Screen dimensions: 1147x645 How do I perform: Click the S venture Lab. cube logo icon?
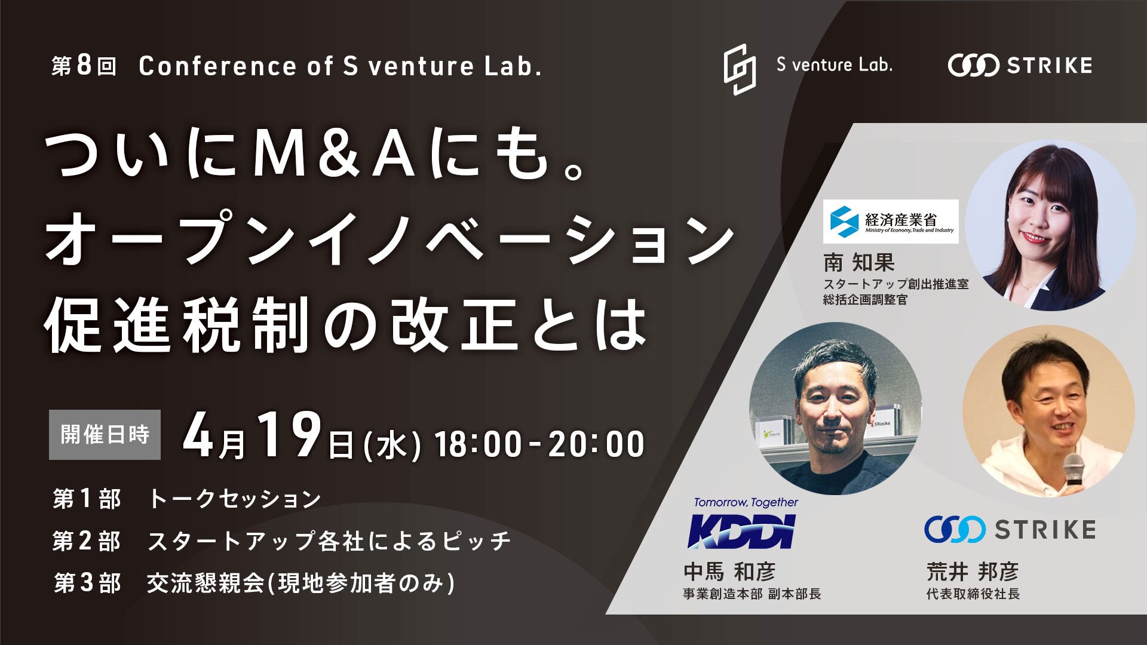click(x=740, y=69)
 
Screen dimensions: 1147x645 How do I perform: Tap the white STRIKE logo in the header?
click(x=1020, y=65)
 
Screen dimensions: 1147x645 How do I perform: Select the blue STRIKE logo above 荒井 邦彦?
click(x=1010, y=529)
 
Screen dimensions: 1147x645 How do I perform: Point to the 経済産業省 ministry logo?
click(x=891, y=222)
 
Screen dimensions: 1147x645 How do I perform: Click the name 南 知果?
click(x=859, y=262)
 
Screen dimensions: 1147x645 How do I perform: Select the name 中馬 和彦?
click(x=729, y=572)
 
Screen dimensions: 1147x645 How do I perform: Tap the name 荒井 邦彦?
click(x=973, y=572)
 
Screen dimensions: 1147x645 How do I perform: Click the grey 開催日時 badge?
click(x=105, y=434)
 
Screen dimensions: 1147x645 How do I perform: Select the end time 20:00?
click(x=597, y=444)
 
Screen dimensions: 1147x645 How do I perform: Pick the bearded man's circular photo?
click(x=836, y=408)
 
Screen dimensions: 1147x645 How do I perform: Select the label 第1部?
click(x=87, y=499)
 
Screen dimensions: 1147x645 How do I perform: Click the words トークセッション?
click(x=235, y=499)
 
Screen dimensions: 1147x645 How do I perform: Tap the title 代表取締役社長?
click(x=973, y=594)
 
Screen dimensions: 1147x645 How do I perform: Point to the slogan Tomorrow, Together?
click(x=746, y=502)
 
